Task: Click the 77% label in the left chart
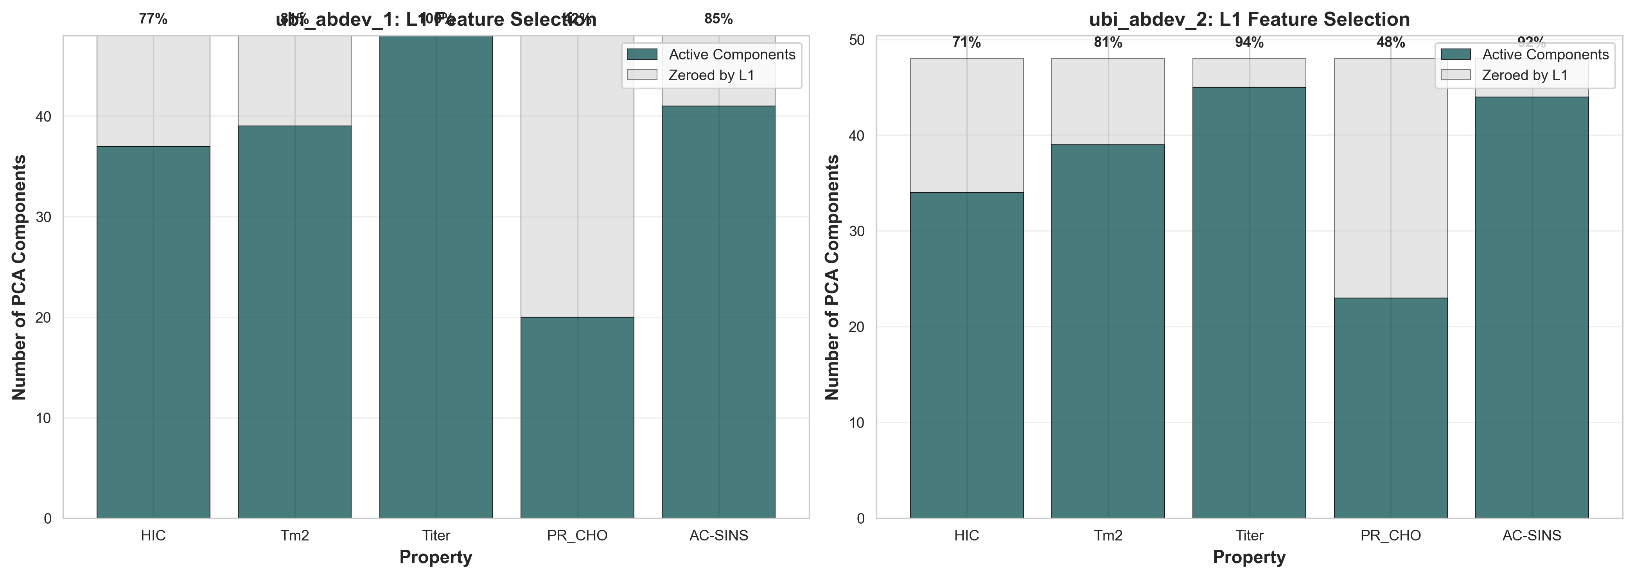coord(153,19)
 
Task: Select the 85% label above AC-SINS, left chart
coord(718,19)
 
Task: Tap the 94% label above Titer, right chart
coord(1249,43)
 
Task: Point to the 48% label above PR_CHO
coord(1390,43)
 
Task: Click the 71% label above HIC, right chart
coord(966,43)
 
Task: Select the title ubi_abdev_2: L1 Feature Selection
coord(1249,19)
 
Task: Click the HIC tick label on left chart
coord(153,535)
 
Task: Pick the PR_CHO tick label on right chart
coord(1390,535)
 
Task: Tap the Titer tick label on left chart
coord(436,535)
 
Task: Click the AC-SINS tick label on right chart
coord(1532,535)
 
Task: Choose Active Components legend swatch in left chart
coord(642,55)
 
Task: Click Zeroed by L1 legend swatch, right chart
coord(1455,75)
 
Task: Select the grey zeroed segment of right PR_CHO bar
coord(1390,178)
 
